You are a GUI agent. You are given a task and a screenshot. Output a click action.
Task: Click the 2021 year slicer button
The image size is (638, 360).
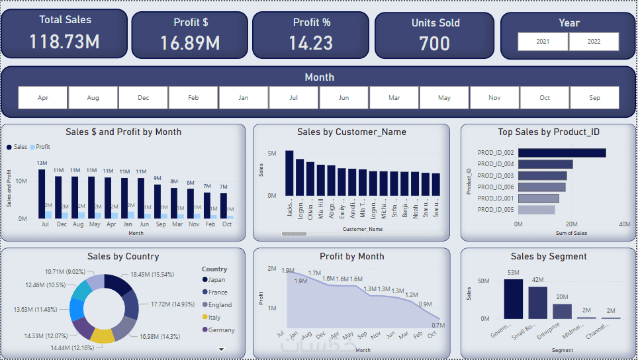543,42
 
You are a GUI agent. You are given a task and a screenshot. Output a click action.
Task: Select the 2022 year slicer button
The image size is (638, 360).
594,42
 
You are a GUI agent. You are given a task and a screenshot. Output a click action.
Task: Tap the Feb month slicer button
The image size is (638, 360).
193,98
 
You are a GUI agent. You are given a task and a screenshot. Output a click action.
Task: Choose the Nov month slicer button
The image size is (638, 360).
494,98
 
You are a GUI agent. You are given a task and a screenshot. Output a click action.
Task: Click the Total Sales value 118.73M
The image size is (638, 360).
64,42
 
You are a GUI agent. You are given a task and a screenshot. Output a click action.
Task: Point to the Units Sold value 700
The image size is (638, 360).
435,44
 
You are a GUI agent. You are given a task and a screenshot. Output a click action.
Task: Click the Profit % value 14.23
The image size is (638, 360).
311,43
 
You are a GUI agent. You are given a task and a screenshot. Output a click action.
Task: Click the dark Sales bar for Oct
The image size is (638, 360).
224,205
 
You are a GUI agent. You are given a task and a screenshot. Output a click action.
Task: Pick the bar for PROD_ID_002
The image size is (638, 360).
562,153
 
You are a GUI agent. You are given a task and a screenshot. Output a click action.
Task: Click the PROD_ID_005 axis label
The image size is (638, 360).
496,210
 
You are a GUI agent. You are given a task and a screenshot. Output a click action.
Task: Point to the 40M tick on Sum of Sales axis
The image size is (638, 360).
624,224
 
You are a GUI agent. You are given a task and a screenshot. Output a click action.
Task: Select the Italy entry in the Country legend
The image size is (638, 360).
214,318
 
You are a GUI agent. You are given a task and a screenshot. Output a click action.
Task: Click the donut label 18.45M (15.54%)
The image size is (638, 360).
152,274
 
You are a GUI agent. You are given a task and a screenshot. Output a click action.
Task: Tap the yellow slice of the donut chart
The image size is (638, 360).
103,335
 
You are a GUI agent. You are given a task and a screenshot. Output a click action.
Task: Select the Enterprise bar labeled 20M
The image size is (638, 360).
562,311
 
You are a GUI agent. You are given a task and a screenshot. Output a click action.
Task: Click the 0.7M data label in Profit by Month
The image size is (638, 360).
437,325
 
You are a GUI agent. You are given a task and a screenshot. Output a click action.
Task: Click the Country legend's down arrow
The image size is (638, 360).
222,348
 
